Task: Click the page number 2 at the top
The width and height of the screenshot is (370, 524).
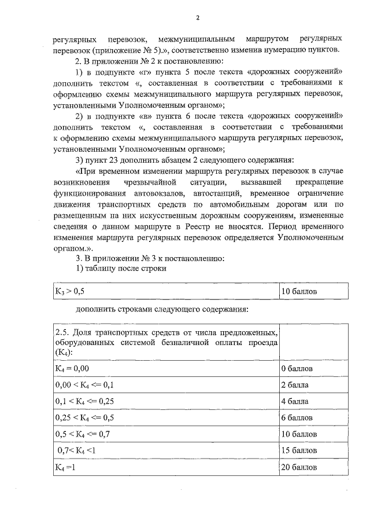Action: pyautogui.click(x=197, y=17)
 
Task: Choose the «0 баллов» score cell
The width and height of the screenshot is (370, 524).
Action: pyautogui.click(x=297, y=368)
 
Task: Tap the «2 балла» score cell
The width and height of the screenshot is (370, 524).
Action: pyautogui.click(x=295, y=384)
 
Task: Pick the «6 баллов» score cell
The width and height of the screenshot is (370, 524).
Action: pyautogui.click(x=297, y=417)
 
